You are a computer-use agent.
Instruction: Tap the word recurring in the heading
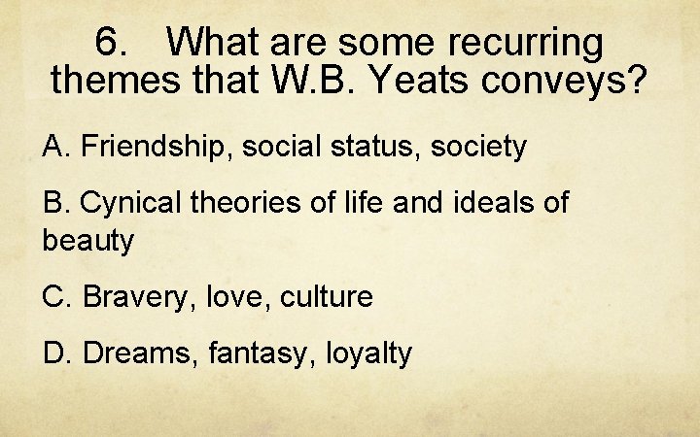(527, 42)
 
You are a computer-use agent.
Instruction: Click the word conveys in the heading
(577, 81)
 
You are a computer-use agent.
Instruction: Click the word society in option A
(477, 148)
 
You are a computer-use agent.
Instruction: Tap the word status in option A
(374, 148)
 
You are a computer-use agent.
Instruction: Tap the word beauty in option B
(88, 241)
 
